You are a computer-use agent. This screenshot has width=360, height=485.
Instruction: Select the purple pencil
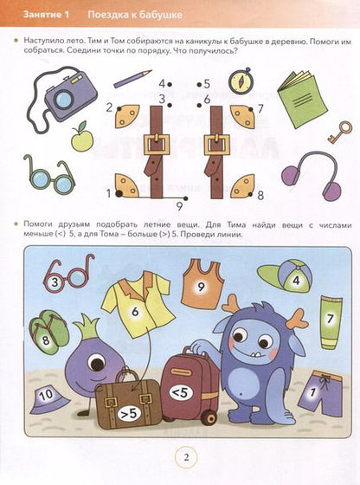click(x=132, y=79)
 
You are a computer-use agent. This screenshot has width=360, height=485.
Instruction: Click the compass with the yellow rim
click(x=241, y=81)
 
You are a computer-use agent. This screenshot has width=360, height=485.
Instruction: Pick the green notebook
click(x=302, y=100)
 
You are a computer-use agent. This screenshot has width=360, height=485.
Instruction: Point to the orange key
click(x=340, y=132)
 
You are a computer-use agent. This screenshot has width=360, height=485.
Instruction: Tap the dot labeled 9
click(x=185, y=198)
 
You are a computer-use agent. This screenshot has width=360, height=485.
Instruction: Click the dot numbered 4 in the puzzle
click(x=170, y=84)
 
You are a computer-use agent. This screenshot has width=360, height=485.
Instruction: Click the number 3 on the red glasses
click(x=55, y=282)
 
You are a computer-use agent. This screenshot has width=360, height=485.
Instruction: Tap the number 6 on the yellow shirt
click(x=135, y=312)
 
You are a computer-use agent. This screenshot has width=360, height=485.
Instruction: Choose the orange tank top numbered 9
click(x=202, y=284)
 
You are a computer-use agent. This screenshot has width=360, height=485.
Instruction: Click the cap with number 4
click(x=285, y=276)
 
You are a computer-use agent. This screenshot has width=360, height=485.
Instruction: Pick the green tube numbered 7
click(x=331, y=322)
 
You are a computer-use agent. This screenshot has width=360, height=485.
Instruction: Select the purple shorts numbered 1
click(x=320, y=393)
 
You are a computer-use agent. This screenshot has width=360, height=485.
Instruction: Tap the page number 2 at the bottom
click(x=186, y=457)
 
